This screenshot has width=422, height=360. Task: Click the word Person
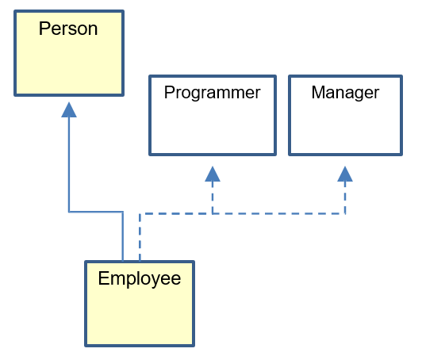click(68, 29)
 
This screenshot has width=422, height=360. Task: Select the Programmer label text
click(212, 93)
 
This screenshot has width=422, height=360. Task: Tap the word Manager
click(345, 93)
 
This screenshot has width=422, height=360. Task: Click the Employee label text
click(140, 279)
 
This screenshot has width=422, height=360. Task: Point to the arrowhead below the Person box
click(69, 109)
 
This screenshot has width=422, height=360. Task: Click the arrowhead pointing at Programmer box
click(213, 174)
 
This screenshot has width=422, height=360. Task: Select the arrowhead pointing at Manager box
click(345, 174)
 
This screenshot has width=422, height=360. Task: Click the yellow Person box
click(69, 53)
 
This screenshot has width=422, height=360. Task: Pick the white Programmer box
click(213, 116)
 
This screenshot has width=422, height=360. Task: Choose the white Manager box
click(346, 116)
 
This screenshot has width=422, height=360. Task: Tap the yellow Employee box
click(140, 304)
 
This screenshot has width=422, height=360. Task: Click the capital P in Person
click(44, 29)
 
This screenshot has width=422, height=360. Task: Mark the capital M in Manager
click(318, 92)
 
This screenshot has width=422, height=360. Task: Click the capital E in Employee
click(103, 278)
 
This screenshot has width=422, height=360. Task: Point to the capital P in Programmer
click(170, 92)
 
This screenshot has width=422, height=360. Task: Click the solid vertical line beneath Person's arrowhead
click(69, 165)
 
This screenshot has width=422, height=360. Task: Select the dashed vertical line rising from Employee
click(140, 237)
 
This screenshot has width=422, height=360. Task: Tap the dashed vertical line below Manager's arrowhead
click(345, 197)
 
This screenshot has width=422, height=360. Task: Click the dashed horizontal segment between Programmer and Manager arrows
click(279, 214)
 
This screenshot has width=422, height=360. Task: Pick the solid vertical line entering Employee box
click(123, 236)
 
